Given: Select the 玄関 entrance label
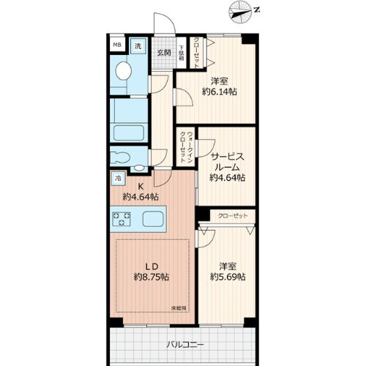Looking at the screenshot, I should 163,53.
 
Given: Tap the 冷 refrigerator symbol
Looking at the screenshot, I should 117,178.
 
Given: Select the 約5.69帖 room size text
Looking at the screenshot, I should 227,277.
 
